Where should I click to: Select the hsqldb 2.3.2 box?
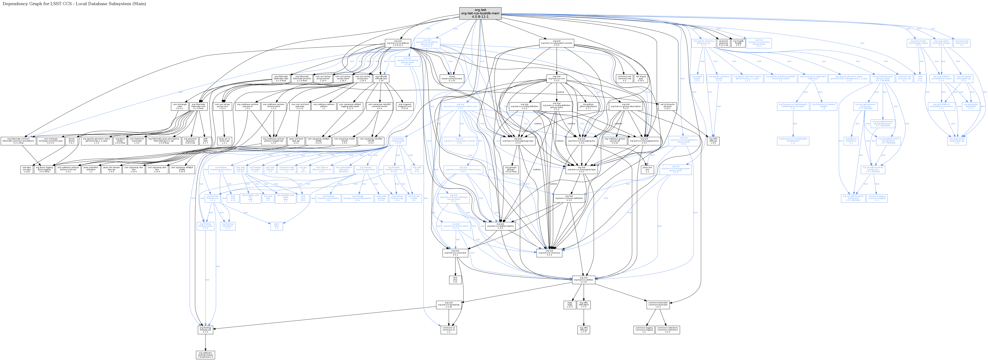tap(738, 43)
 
